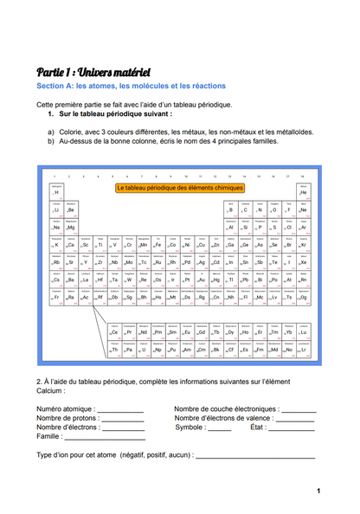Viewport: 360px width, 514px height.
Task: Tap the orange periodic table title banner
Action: coord(180,187)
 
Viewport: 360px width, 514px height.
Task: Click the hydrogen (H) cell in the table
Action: coord(57,191)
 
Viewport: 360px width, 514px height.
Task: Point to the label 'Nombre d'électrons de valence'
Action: coord(228,418)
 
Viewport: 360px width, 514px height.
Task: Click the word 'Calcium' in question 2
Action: coord(53,390)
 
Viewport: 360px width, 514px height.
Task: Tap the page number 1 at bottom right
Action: coord(318,492)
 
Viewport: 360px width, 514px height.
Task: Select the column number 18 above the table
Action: coord(302,176)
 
